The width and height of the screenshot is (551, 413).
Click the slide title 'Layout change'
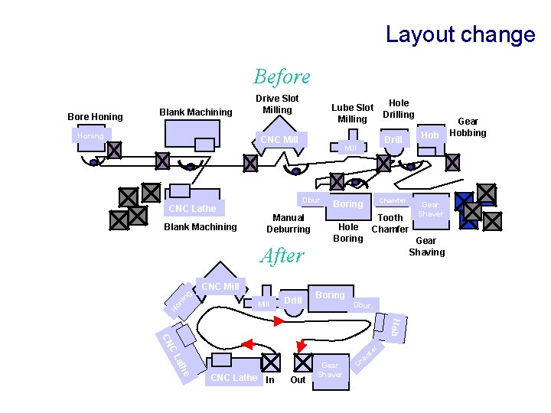(x=460, y=34)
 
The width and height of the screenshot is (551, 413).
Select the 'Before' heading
(x=282, y=76)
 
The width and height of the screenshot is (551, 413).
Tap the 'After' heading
(x=282, y=255)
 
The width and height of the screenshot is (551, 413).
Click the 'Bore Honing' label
(x=95, y=117)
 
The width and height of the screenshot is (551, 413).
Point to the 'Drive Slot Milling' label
(x=277, y=104)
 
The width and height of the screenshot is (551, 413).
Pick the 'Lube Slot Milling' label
(x=352, y=113)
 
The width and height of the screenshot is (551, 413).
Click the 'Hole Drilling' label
(x=399, y=109)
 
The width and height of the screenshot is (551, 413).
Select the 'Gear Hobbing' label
(x=468, y=127)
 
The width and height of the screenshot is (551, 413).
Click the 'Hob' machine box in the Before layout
(x=430, y=136)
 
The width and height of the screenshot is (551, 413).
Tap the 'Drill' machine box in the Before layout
(x=393, y=140)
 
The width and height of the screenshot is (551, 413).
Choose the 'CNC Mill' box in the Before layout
(x=279, y=139)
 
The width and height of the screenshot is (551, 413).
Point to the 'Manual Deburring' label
(x=289, y=223)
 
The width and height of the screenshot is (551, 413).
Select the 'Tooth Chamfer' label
(x=390, y=223)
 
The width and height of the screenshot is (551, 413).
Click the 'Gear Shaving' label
(x=426, y=246)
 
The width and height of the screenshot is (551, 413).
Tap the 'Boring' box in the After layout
(x=330, y=295)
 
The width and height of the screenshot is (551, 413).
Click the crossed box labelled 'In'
(x=270, y=363)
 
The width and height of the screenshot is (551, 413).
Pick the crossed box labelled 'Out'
(x=303, y=363)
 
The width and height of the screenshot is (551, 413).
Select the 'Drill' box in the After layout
(x=292, y=301)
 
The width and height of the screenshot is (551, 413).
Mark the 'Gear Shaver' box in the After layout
(x=331, y=370)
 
